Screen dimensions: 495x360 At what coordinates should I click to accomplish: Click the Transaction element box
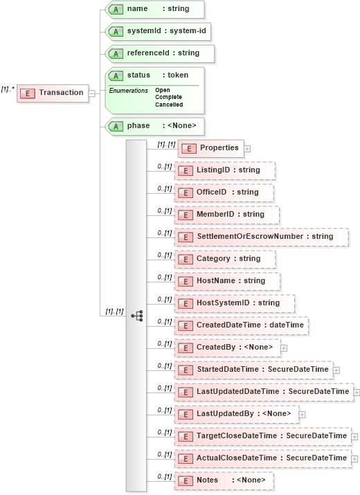tap(53, 93)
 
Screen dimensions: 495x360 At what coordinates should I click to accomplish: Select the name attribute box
tap(154, 9)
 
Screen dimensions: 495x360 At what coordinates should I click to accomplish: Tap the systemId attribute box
tap(159, 31)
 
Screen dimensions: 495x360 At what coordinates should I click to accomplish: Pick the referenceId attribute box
tap(159, 53)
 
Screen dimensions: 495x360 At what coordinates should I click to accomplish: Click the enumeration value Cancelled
tap(169, 105)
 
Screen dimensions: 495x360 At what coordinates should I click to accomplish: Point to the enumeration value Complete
tap(169, 98)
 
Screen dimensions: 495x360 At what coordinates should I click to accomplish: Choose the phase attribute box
tap(154, 126)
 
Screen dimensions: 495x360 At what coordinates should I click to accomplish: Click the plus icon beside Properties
tap(247, 148)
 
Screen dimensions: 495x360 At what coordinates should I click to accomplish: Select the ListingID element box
tap(226, 170)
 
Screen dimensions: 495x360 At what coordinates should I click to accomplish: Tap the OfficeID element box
tap(225, 192)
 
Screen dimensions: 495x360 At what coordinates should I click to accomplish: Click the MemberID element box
tap(228, 215)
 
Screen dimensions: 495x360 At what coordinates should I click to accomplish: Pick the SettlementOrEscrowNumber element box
tap(262, 237)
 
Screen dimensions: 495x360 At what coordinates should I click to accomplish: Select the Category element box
tap(226, 259)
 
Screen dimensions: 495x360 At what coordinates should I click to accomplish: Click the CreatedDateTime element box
tap(242, 325)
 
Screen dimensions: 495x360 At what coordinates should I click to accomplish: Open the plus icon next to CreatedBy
tap(284, 348)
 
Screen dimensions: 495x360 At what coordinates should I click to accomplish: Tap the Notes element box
tap(224, 480)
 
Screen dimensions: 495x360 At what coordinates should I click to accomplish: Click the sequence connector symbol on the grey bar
tap(136, 316)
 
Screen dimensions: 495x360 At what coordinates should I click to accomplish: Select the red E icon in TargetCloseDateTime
tap(185, 436)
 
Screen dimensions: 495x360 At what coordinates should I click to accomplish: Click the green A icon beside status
tap(116, 75)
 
